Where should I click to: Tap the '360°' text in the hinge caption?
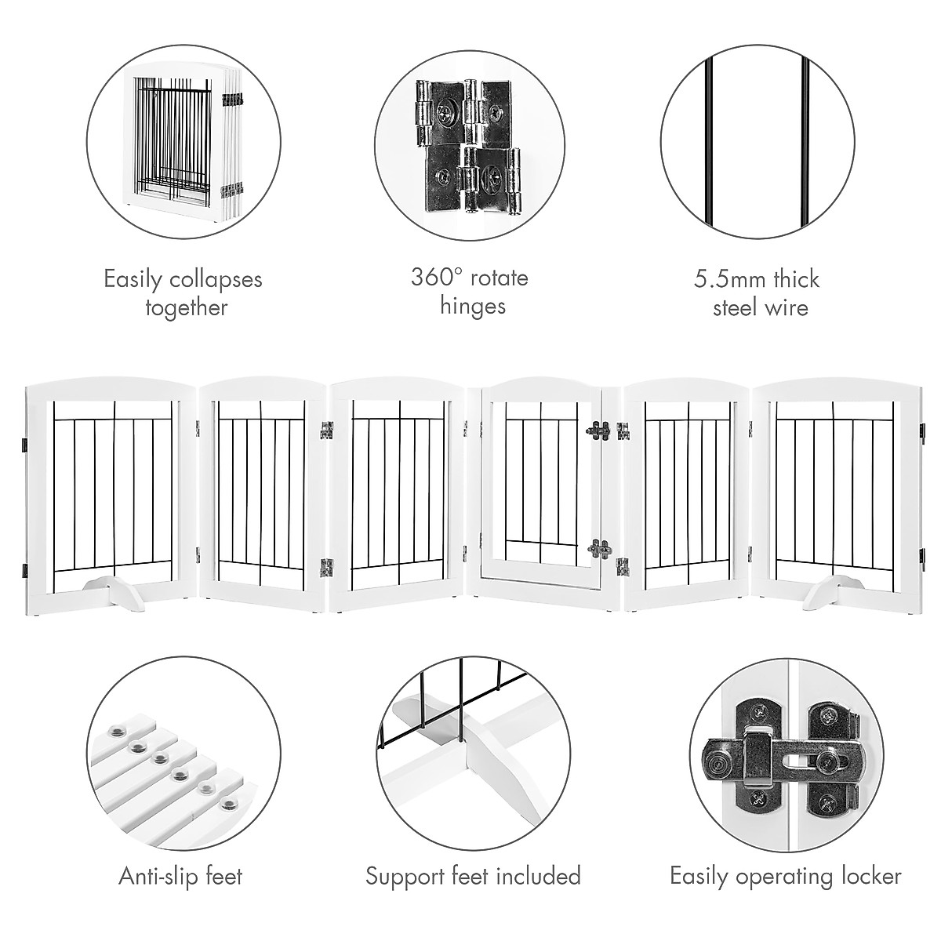(436, 278)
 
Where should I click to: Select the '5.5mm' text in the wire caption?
(725, 279)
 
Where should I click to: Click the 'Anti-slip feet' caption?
(181, 876)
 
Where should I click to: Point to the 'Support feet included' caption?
(473, 876)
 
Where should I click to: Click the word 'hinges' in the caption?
(472, 306)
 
